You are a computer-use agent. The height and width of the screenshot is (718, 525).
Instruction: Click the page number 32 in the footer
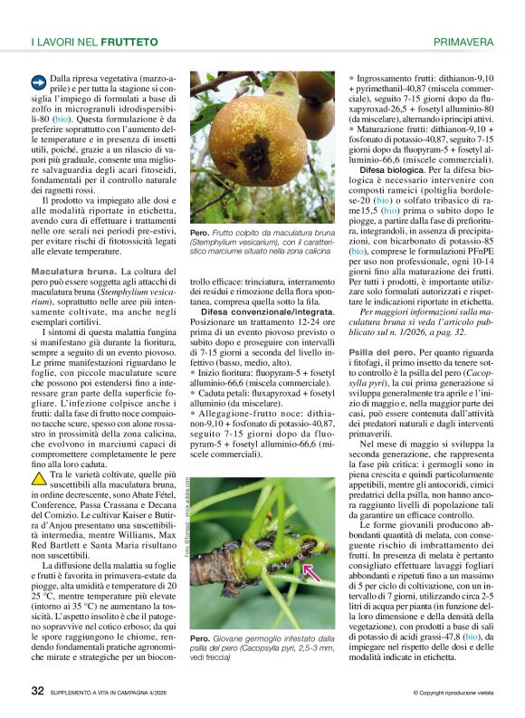[x=38, y=691]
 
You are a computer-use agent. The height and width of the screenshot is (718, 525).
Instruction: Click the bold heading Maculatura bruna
[x=72, y=272]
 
